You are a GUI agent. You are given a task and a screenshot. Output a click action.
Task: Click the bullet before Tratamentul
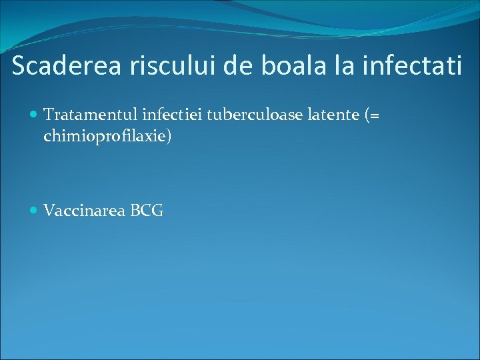[x=35, y=115]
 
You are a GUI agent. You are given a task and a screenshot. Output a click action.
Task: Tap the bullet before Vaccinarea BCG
[x=35, y=211]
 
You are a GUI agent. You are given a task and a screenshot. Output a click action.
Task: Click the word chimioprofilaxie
[x=105, y=137]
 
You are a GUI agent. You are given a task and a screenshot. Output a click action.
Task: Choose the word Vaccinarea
[x=83, y=211]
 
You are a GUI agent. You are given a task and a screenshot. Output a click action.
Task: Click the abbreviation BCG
[x=147, y=211]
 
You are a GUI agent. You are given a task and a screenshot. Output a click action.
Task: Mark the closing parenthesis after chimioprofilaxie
[x=170, y=137]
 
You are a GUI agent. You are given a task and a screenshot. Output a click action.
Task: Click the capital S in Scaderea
[x=19, y=66]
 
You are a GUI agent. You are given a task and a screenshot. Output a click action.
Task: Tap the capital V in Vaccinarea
[x=49, y=211]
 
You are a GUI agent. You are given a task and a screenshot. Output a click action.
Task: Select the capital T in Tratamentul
[x=48, y=115]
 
